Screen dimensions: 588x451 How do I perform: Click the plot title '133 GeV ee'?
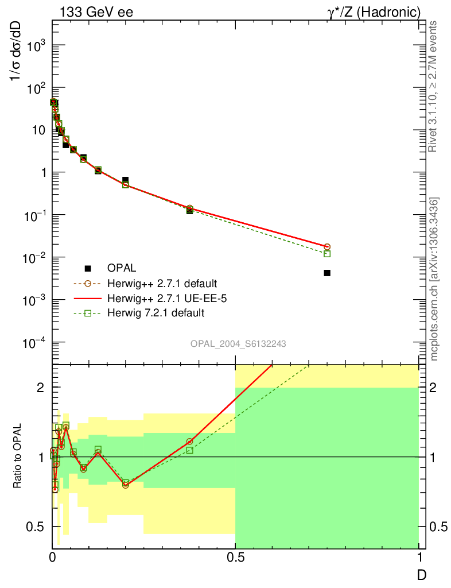click(96, 11)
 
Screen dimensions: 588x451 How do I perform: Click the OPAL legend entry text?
click(122, 268)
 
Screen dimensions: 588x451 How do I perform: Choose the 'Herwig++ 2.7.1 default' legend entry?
click(161, 283)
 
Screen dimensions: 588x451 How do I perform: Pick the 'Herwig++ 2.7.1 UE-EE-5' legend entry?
click(162, 298)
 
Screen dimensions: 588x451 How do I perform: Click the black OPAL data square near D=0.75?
click(327, 273)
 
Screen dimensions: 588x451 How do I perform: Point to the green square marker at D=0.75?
click(327, 254)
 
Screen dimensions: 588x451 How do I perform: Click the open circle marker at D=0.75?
click(327, 246)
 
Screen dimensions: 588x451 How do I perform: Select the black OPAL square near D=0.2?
click(126, 180)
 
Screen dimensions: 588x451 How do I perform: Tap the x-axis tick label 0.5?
click(235, 557)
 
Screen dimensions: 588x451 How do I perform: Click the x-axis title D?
click(421, 574)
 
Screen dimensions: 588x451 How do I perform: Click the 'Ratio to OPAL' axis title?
click(19, 457)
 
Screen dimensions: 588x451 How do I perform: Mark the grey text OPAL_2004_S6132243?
click(238, 343)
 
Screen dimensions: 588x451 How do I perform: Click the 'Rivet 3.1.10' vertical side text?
click(433, 86)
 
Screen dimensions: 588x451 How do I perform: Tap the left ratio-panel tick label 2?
click(41, 388)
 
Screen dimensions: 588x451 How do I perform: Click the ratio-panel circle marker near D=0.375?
click(190, 442)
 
